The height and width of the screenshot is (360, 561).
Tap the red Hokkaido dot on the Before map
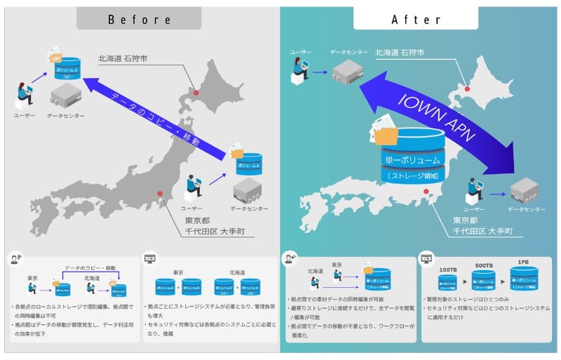(x=196, y=91)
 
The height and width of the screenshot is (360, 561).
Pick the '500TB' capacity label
(x=483, y=266)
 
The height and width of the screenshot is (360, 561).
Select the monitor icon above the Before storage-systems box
(x=149, y=259)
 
